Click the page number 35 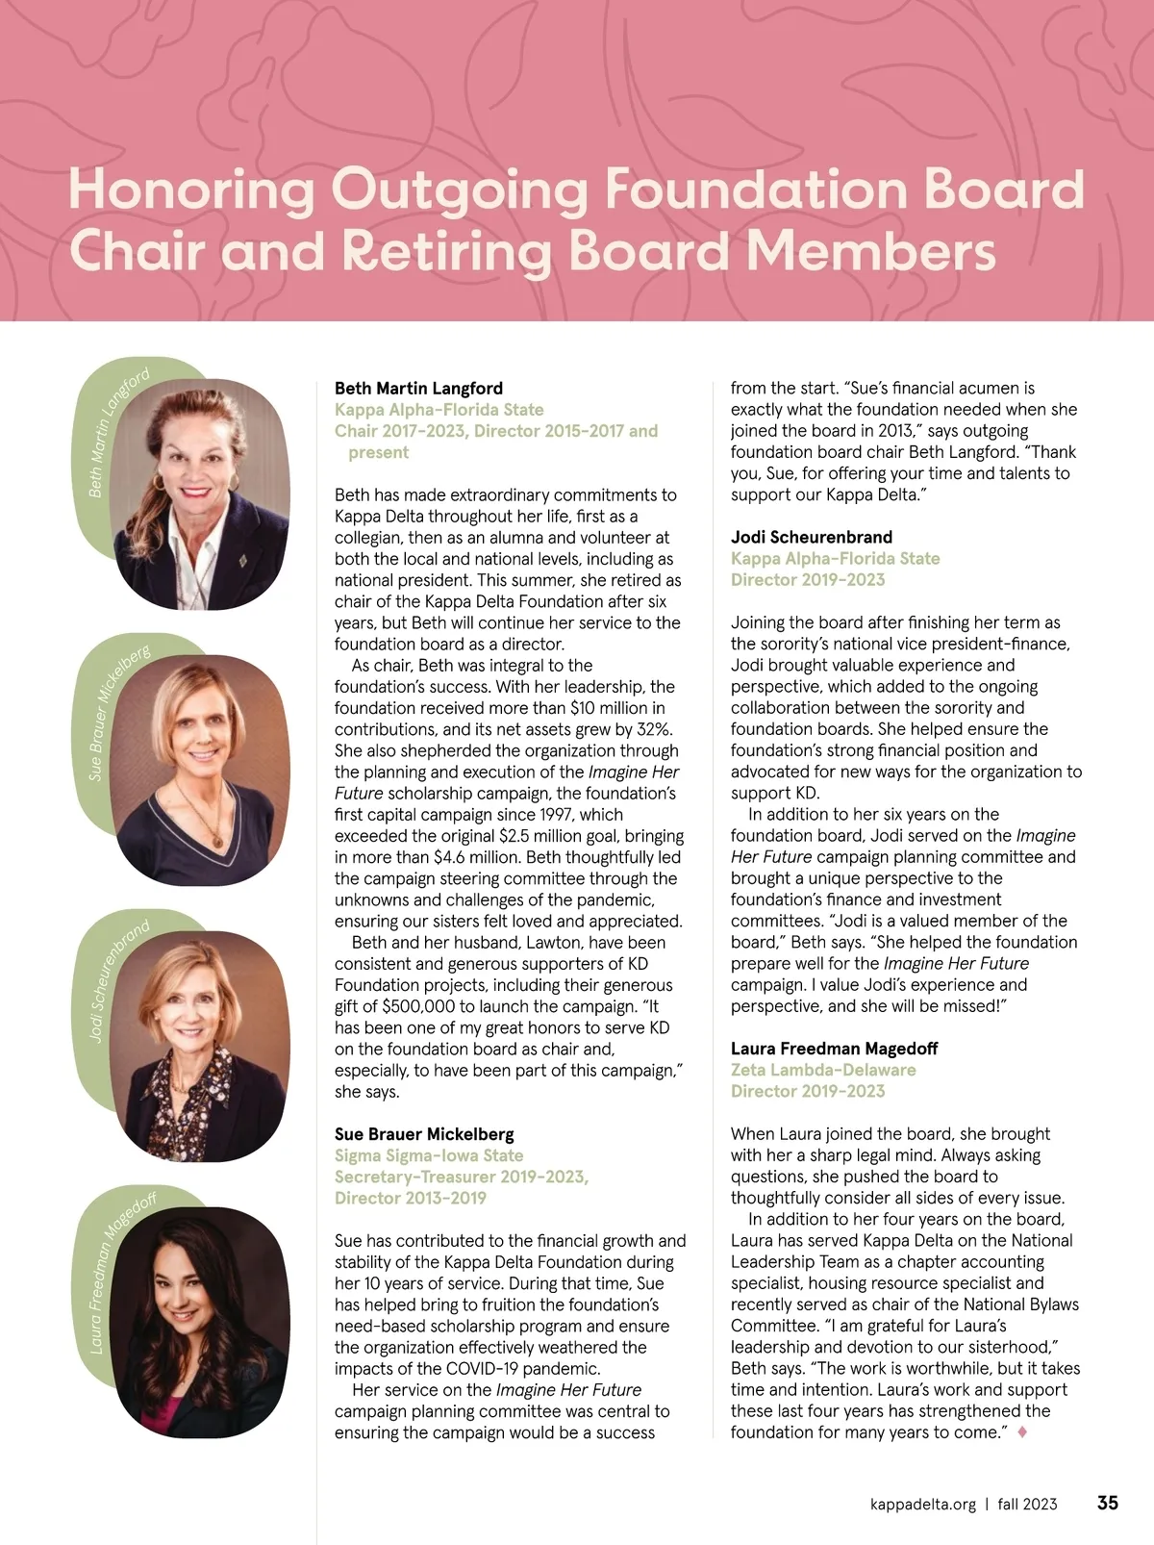point(1108,1503)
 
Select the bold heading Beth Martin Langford point(418,389)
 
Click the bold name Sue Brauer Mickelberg point(424,1134)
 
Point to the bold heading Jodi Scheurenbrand point(812,537)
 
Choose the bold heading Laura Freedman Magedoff point(834,1049)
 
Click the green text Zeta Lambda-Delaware point(823,1070)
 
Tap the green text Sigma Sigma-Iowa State point(429,1155)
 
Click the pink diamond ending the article point(1022,1432)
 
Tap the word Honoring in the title point(191,190)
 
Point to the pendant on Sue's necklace point(218,842)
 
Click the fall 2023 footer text point(1027,1504)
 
